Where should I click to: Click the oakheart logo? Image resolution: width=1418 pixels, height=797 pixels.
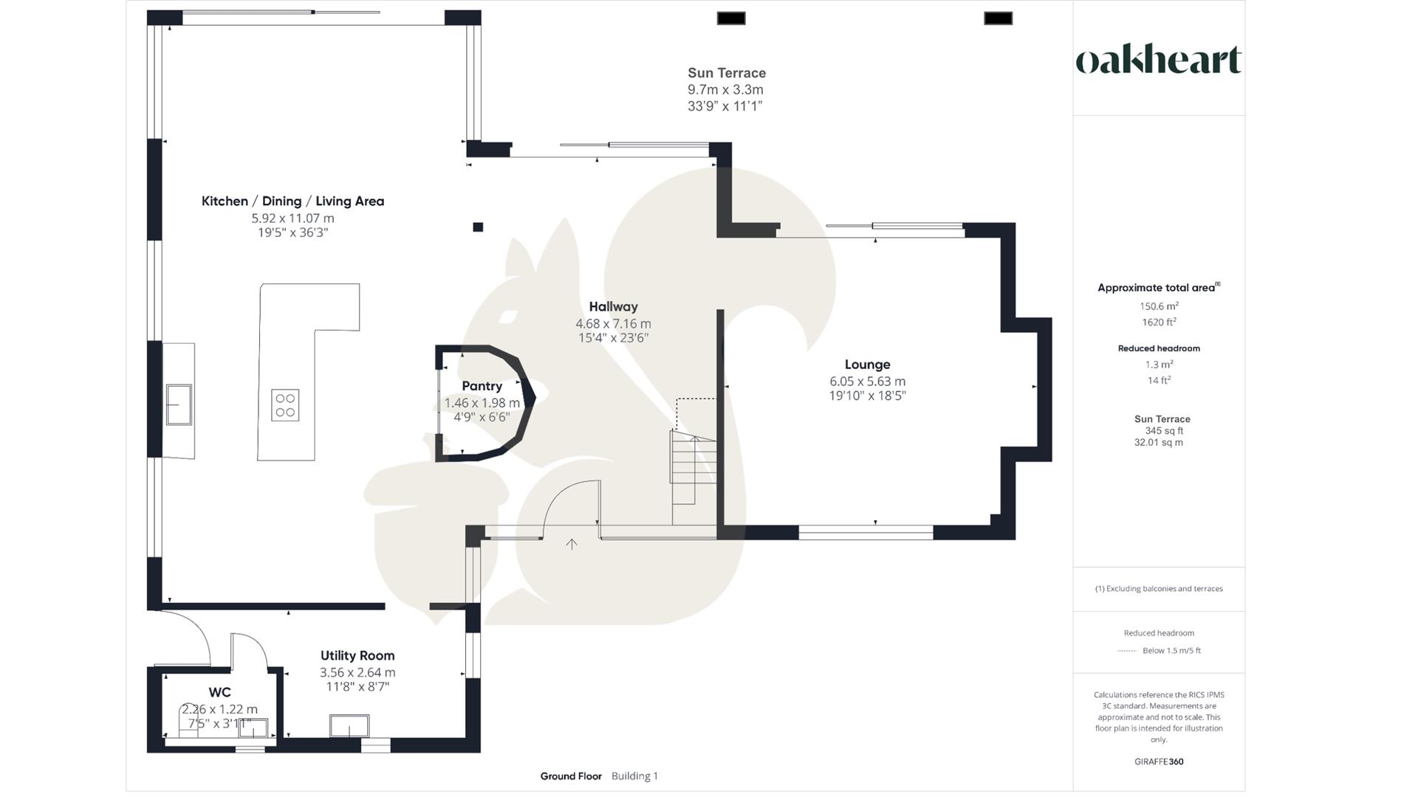coord(1158,60)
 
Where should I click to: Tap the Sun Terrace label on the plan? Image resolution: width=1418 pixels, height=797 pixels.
coord(726,73)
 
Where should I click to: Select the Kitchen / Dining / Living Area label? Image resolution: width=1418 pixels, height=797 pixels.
coord(292,201)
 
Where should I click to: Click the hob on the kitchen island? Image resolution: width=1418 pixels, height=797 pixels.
coord(285,405)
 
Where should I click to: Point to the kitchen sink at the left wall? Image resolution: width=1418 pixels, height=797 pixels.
coord(179,404)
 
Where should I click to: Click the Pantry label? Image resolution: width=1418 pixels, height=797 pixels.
coord(482,386)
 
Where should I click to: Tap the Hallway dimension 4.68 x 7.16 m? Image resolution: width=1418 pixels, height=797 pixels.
coord(613,323)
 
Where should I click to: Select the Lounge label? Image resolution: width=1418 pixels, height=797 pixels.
coord(867,365)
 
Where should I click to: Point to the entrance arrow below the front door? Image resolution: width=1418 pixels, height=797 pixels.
coord(572,545)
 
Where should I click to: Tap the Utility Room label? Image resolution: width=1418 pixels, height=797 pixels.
coord(357,655)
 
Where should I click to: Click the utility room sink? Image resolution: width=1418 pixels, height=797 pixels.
coord(349,726)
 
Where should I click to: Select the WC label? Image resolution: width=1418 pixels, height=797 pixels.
coord(219,692)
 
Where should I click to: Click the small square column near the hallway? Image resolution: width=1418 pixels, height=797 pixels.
coord(478,227)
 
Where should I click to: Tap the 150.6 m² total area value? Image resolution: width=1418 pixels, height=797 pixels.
coord(1158,306)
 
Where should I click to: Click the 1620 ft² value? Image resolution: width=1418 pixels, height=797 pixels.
coord(1158,322)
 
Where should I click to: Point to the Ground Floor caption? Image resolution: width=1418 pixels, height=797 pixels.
coord(570,776)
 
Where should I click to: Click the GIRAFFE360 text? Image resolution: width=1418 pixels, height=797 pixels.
coord(1158,762)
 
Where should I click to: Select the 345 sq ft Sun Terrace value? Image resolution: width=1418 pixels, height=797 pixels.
coord(1163,431)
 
